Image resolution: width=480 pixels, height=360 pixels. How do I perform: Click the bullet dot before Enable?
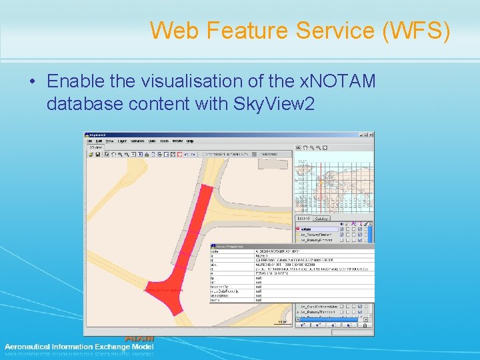32,82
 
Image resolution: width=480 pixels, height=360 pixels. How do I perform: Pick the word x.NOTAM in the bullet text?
337,81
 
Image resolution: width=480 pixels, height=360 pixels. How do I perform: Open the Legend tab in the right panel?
303,218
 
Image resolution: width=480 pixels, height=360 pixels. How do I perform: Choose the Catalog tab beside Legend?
321,218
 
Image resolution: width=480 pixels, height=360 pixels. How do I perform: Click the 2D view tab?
95,147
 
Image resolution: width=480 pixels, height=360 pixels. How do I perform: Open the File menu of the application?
89,141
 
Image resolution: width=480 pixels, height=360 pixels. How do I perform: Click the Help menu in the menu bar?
190,141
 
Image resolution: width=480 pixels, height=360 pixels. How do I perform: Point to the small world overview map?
333,183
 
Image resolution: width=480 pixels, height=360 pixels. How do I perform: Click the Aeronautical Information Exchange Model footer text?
79,347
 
